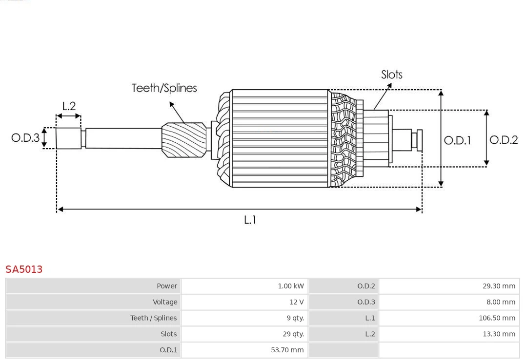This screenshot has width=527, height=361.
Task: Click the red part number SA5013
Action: pos(24,269)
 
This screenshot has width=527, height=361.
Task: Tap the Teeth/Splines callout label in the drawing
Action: pos(164,88)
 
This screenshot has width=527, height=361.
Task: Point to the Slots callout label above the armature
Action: pos(391,75)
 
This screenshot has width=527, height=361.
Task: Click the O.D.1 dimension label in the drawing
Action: pos(457,141)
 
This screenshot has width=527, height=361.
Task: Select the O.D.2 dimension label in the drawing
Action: pos(504,140)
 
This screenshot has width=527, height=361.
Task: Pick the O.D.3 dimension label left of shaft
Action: pos(25,138)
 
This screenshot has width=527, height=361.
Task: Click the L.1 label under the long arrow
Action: pos(250,220)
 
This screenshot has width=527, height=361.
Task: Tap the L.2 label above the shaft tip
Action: pos(69,106)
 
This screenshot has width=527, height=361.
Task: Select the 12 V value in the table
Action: pos(296,302)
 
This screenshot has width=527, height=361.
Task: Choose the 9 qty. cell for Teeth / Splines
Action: pos(295,318)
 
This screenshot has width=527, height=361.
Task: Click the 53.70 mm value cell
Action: pos(287,350)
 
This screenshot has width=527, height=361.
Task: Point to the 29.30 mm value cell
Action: pos(499,286)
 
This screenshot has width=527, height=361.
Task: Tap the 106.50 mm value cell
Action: pos(497,318)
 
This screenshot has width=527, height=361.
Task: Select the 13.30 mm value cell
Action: pos(499,334)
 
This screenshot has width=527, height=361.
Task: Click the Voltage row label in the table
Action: pos(165,302)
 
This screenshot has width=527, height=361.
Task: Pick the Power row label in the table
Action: pos(167,286)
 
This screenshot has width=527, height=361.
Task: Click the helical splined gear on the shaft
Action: pos(183,139)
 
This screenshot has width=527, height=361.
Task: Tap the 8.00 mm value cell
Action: pos(501,302)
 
